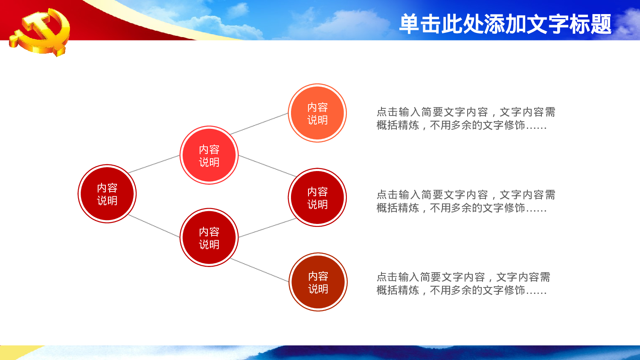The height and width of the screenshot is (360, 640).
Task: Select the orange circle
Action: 317,113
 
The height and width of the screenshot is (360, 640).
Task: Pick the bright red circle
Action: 209,155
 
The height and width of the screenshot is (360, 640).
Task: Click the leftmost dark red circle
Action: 107,194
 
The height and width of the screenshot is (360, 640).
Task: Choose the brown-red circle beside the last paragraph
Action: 318,282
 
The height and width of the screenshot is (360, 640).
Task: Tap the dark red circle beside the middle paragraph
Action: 317,197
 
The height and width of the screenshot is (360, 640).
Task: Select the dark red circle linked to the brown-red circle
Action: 209,238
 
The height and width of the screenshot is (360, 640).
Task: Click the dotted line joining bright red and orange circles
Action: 259,124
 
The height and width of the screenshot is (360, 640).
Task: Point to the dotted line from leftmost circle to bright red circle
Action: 154,164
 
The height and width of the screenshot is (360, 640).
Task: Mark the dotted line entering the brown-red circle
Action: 260,270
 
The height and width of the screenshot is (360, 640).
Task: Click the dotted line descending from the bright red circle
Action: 267,166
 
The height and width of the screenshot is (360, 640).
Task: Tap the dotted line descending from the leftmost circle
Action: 154,226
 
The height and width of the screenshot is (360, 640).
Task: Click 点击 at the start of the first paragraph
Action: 387,112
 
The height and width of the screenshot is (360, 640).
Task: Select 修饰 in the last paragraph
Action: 514,290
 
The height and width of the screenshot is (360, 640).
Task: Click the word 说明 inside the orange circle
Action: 317,120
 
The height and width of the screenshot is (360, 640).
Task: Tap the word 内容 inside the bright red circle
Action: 209,149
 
